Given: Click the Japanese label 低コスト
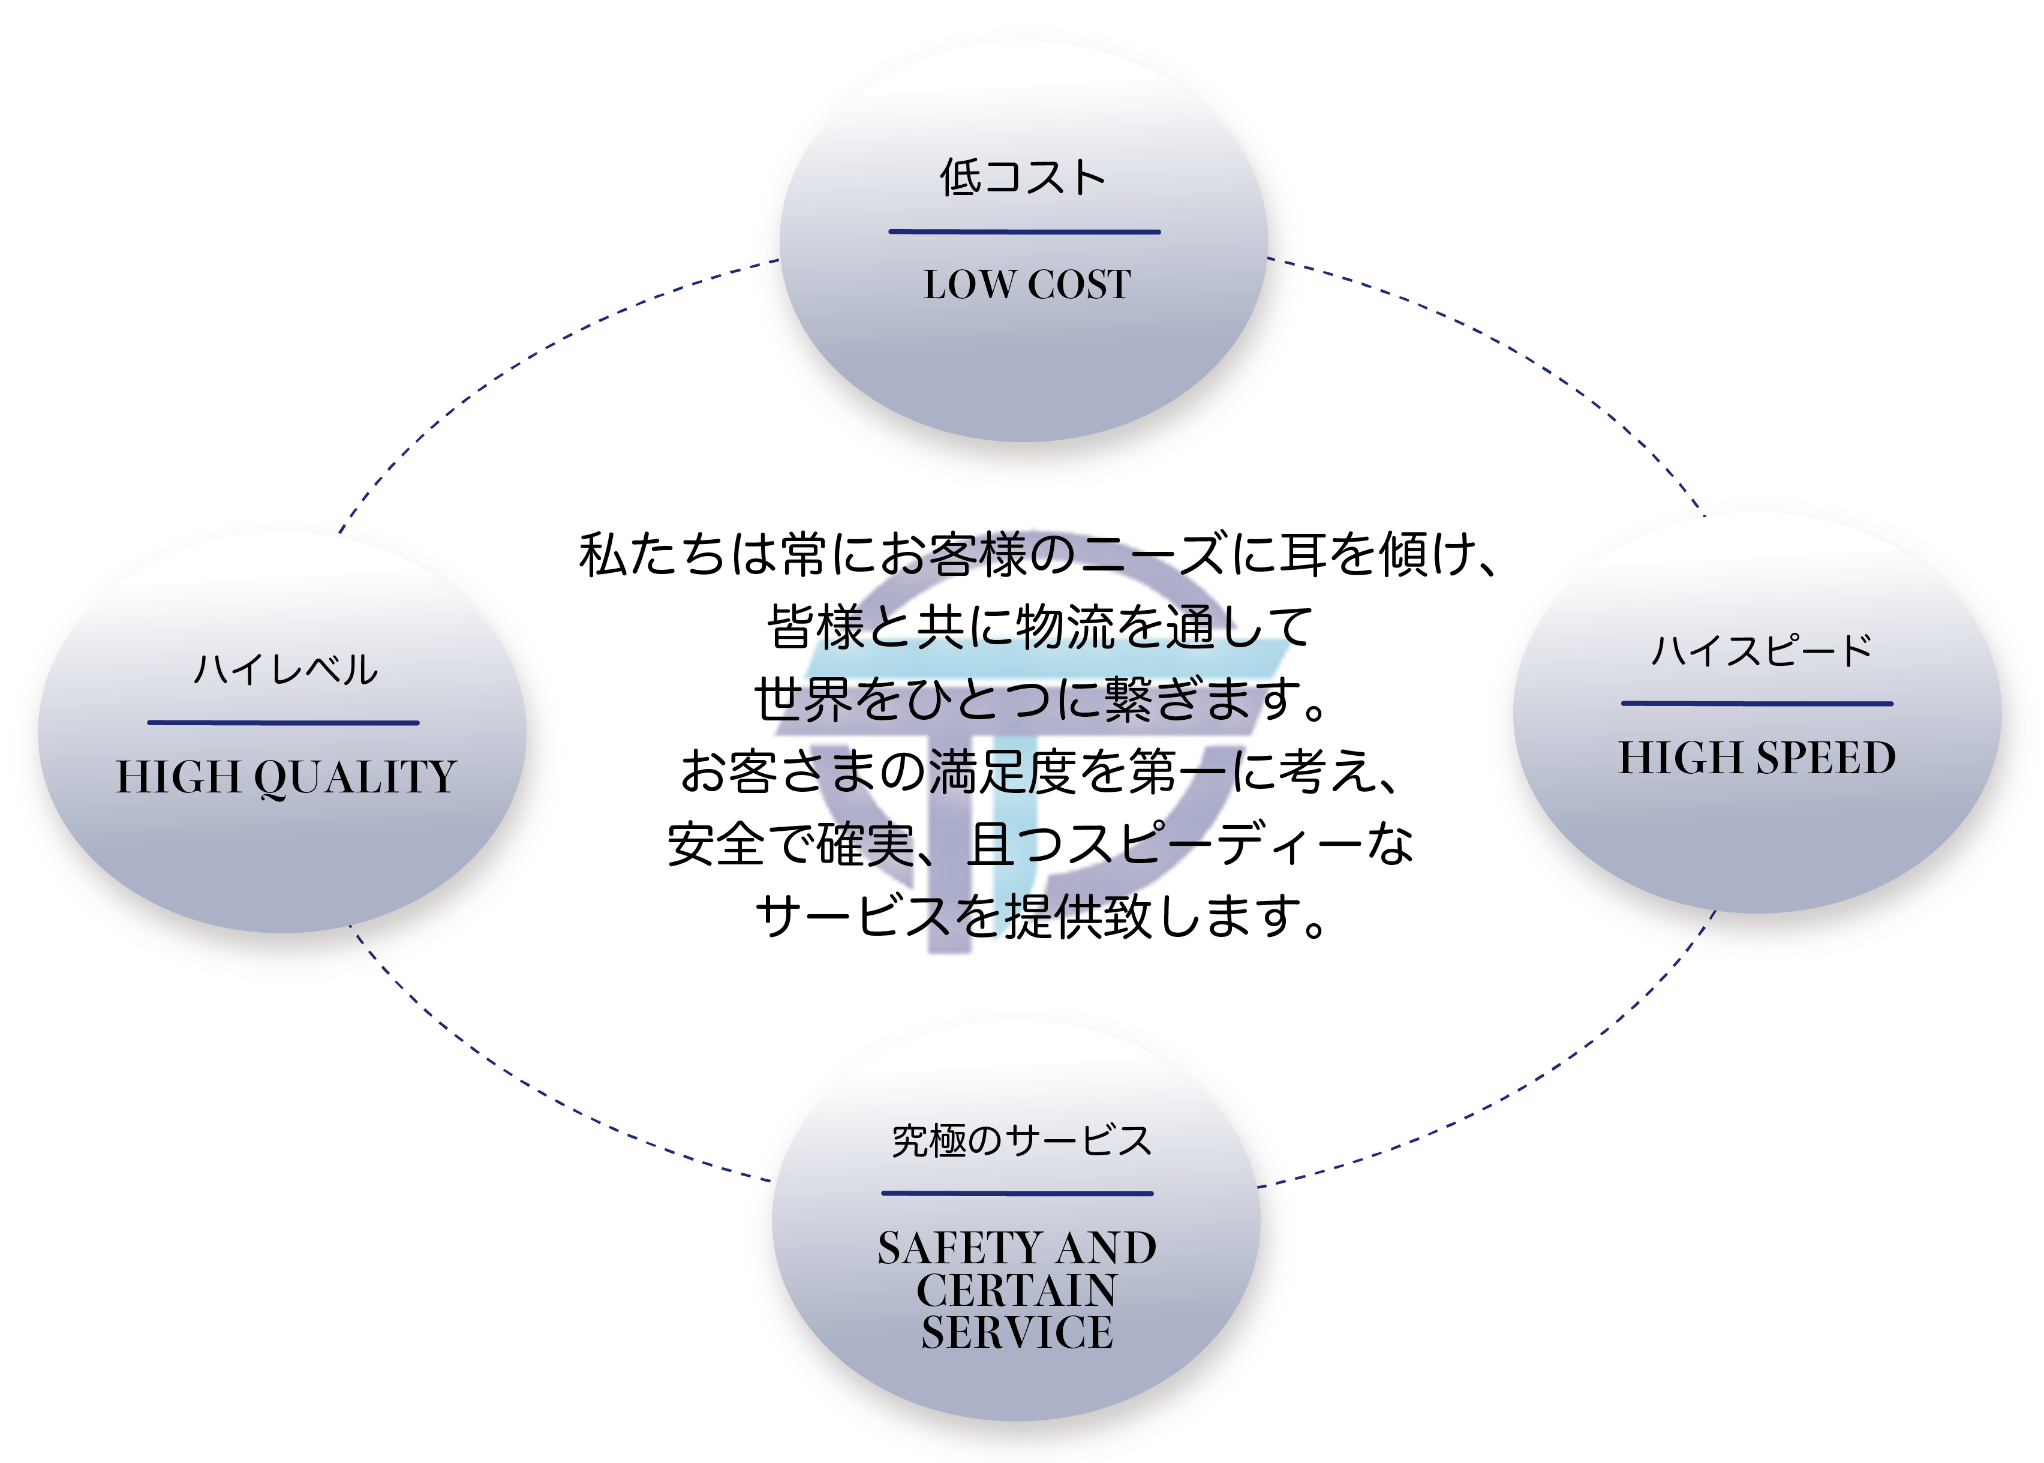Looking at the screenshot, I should (1023, 178).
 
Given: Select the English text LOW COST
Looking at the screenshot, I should (1027, 285).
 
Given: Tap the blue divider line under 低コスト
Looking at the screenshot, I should (1024, 232).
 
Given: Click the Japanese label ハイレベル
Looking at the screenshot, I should (285, 669).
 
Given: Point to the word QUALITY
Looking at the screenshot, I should (356, 777).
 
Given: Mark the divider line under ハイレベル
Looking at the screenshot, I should (283, 722).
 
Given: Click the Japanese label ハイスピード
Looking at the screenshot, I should (1761, 650).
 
